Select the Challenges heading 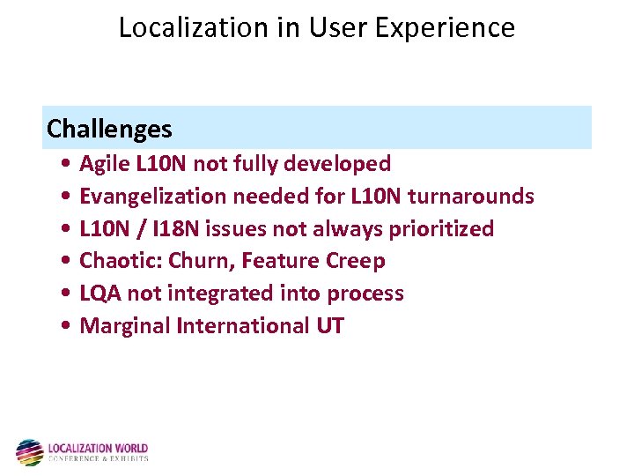click(109, 130)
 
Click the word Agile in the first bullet click(102, 164)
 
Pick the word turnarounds click(475, 196)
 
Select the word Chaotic click(112, 261)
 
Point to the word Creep click(356, 261)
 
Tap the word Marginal click(125, 326)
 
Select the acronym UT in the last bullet click(329, 326)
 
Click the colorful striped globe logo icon click(29, 452)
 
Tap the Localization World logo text click(98, 451)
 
